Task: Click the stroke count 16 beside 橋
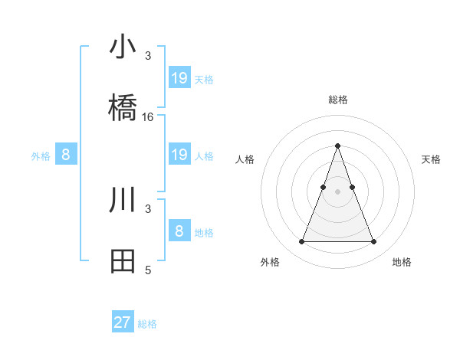click(148, 117)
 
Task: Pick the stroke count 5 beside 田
click(148, 270)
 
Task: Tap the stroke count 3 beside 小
click(148, 56)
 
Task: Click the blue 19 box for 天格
click(179, 77)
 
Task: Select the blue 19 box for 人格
click(179, 155)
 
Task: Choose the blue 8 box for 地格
click(179, 231)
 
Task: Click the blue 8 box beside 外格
click(66, 155)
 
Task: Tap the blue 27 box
click(123, 322)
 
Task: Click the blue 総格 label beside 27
click(147, 324)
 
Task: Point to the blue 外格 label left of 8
click(41, 156)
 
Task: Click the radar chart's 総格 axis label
click(337, 100)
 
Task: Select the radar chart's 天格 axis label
click(431, 159)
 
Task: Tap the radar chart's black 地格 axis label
click(402, 262)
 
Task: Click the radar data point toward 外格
click(301, 242)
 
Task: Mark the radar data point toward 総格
click(337, 146)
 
